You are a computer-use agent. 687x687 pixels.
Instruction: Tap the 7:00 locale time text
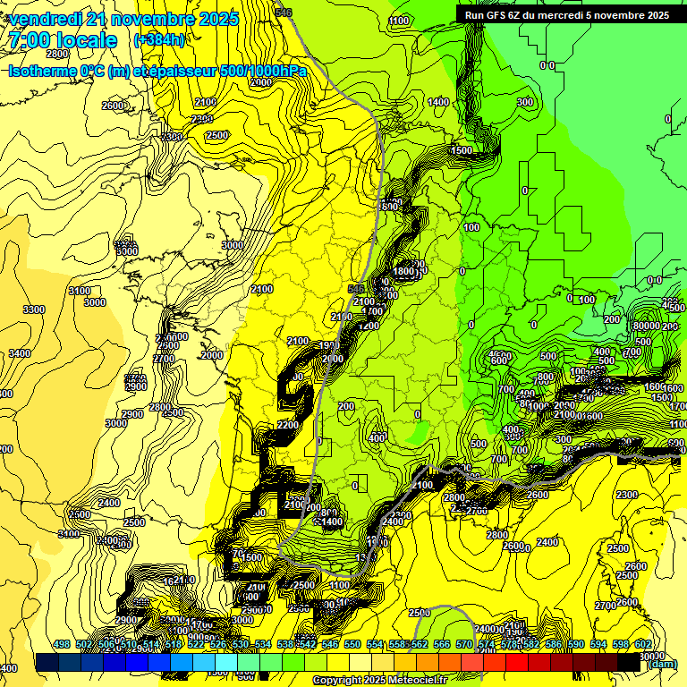[x=64, y=40]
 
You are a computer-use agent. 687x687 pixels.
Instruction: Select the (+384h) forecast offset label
[x=159, y=40]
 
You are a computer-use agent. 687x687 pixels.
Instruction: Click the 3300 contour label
[x=34, y=310]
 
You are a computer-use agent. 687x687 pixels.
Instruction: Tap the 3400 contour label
[x=20, y=353]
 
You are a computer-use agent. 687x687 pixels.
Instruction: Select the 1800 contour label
[x=404, y=271]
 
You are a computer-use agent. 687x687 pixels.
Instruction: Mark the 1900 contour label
[x=327, y=344]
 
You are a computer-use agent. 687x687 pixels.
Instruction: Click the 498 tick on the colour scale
[x=62, y=644]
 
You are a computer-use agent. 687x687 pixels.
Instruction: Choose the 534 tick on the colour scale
[x=263, y=644]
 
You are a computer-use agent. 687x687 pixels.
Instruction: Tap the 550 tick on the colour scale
[x=352, y=644]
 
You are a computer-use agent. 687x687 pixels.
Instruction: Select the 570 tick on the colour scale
[x=464, y=644]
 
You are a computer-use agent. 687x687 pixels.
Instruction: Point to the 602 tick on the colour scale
[x=643, y=644]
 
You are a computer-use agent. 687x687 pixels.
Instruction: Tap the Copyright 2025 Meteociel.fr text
[x=379, y=681]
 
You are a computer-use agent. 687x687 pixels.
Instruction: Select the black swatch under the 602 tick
[x=631, y=662]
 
